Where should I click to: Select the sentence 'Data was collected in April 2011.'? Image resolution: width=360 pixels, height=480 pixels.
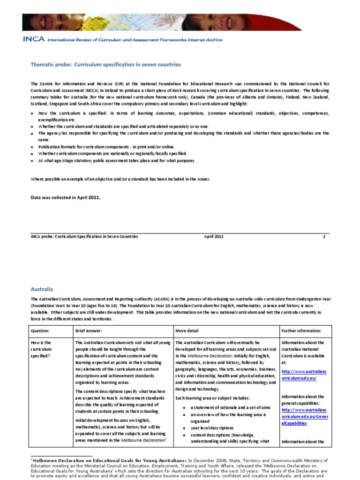click(x=65, y=197)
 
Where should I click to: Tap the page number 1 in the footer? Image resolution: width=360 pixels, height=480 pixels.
click(x=324, y=237)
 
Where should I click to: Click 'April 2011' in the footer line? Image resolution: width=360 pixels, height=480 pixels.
click(x=214, y=237)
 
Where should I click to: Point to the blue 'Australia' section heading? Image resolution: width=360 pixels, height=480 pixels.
click(x=42, y=290)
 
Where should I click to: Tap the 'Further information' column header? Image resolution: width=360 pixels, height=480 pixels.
click(x=301, y=330)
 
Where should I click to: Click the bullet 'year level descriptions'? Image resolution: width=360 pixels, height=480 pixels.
click(x=211, y=428)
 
